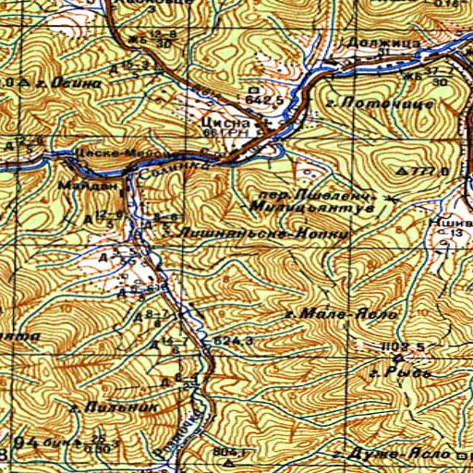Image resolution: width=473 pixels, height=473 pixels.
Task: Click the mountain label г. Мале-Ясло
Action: point(342,315)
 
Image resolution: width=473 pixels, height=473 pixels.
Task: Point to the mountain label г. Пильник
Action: point(114,405)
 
